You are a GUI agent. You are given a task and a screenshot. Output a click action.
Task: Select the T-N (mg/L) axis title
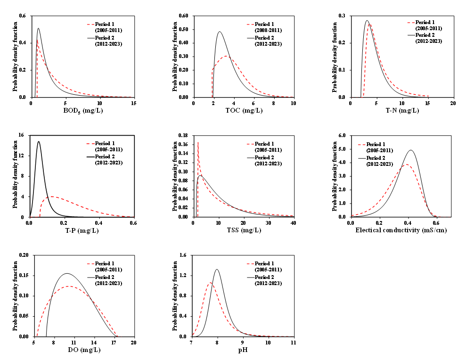point(402,111)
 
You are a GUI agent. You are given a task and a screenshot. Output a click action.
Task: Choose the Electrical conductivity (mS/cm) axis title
point(401,230)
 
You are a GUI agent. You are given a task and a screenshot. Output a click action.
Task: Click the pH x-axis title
point(243,350)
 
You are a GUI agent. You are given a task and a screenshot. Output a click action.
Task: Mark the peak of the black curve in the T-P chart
point(39,141)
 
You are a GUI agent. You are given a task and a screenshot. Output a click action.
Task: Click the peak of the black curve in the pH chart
point(217,270)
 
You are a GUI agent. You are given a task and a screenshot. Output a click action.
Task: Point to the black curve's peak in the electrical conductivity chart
point(411,150)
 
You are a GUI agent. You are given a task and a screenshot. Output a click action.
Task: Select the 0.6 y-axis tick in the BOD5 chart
point(22,16)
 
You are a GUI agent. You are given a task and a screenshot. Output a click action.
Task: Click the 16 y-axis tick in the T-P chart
point(21,136)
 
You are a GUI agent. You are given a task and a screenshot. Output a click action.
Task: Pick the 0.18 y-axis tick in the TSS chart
point(181,136)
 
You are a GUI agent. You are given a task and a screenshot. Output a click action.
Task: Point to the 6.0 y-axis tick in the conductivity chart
point(343,136)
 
